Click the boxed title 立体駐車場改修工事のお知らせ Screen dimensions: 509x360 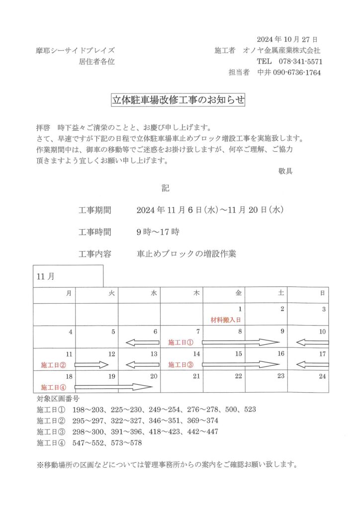tap(179, 100)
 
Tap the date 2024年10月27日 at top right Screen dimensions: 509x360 tap(287, 39)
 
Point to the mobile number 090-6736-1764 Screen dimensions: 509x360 tap(297, 73)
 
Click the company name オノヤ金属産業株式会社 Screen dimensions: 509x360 tap(281, 51)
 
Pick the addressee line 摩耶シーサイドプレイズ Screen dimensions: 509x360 tap(75, 51)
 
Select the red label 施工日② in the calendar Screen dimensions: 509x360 tap(53, 365)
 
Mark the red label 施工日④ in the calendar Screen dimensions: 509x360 tap(53, 387)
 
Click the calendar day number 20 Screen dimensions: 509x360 tap(154, 376)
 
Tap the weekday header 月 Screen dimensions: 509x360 tap(69, 294)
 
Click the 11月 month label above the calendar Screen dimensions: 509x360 tap(46, 277)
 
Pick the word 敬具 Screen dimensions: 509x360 tap(285, 171)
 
